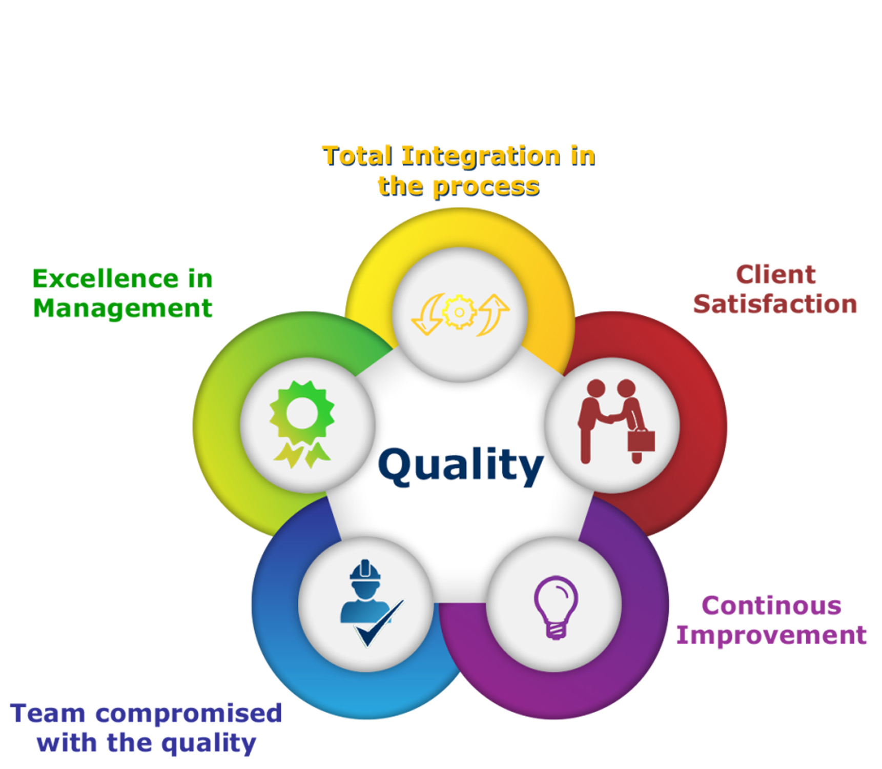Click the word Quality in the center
pyautogui.click(x=460, y=465)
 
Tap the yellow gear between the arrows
pyautogui.click(x=459, y=312)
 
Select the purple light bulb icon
pyautogui.click(x=556, y=607)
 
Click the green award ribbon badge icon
pyautogui.click(x=302, y=424)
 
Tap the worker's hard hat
pyautogui.click(x=365, y=570)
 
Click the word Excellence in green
pyautogui.click(x=105, y=279)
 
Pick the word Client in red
pyautogui.click(x=775, y=274)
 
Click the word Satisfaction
pyautogui.click(x=775, y=304)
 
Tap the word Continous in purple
pyautogui.click(x=771, y=605)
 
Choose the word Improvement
pyautogui.click(x=771, y=636)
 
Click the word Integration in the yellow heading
pyautogui.click(x=481, y=157)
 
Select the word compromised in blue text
pyautogui.click(x=189, y=714)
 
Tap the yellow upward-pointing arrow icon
pyautogui.click(x=493, y=315)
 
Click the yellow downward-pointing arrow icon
pyautogui.click(x=427, y=314)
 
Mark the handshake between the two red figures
pyautogui.click(x=610, y=419)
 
